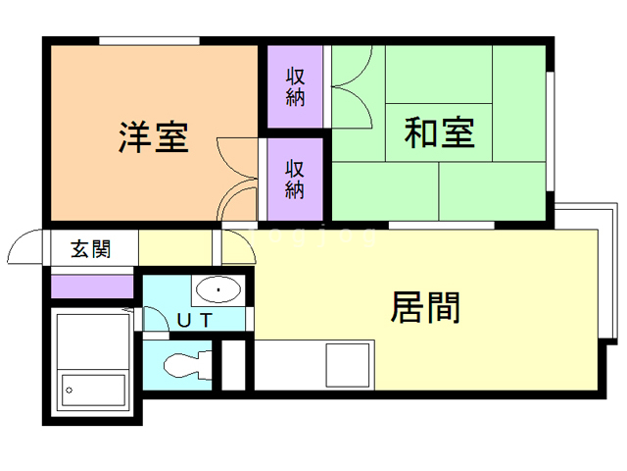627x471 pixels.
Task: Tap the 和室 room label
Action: point(440,132)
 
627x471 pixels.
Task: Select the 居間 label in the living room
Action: point(425,308)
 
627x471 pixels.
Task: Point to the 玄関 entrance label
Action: point(90,248)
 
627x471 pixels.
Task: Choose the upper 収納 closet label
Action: point(295,86)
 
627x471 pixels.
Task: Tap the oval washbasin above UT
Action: point(217,290)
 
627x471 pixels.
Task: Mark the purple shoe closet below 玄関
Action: point(91,287)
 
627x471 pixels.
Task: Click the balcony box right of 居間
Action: point(606,275)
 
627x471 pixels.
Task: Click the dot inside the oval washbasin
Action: point(217,290)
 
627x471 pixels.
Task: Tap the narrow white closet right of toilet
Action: point(233,365)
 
